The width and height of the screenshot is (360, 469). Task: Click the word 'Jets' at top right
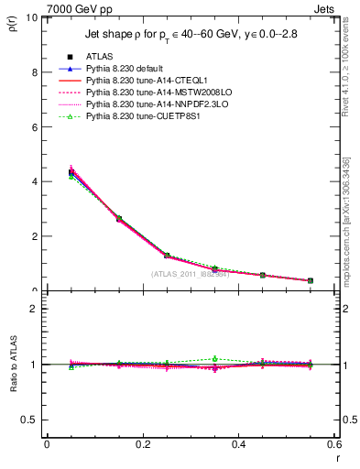[x=325, y=8]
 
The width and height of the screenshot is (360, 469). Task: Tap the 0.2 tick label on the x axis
[x=142, y=444]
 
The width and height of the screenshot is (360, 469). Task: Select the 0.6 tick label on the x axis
[x=333, y=444]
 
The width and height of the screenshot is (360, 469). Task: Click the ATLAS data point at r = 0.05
[x=71, y=172]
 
